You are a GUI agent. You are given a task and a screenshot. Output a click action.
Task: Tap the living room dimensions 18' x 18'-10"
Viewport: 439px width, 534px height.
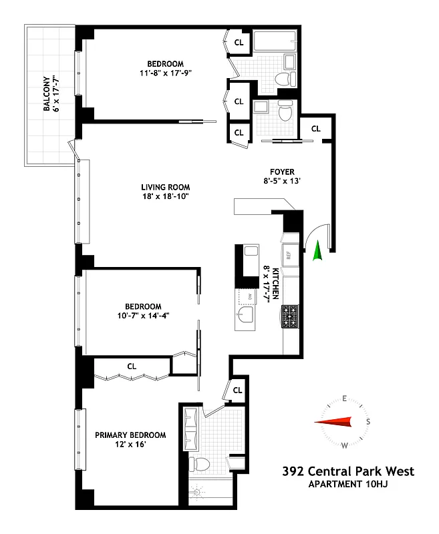point(165,198)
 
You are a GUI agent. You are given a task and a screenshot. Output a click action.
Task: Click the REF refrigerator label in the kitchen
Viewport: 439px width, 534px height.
point(289,254)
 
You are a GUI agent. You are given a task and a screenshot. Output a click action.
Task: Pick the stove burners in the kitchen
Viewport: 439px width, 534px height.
point(290,316)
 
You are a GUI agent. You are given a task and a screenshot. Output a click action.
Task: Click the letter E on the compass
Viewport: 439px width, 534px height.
point(344,398)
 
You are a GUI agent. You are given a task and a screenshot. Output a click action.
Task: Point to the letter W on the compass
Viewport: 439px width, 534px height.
point(344,445)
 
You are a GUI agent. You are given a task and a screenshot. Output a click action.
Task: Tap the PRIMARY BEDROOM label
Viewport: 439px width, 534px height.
point(130,435)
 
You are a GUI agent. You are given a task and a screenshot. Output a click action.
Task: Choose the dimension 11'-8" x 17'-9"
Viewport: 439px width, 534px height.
point(165,73)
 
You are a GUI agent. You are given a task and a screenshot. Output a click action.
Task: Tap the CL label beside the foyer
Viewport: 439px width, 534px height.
point(315,128)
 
